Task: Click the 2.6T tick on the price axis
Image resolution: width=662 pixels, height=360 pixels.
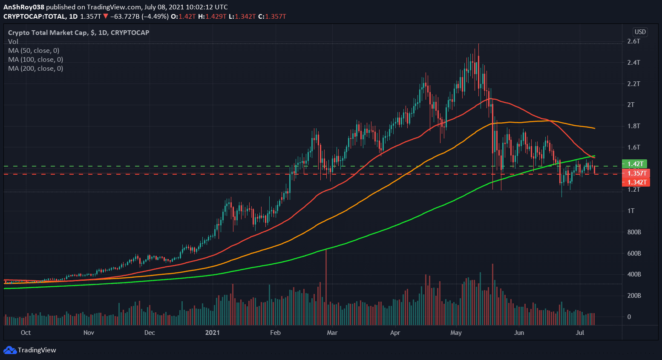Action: point(633,41)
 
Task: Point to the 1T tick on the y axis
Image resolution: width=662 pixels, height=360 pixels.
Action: point(631,211)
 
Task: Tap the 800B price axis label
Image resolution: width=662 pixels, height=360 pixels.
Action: point(634,232)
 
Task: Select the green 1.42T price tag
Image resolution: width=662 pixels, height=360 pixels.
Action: point(635,164)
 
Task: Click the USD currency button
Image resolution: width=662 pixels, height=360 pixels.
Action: point(640,32)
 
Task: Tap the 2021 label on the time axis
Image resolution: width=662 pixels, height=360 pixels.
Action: point(212,333)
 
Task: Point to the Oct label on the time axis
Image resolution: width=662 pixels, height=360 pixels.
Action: point(26,333)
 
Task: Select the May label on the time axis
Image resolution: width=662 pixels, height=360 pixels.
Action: point(456,333)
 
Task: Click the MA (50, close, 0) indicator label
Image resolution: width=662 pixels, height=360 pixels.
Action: point(34,51)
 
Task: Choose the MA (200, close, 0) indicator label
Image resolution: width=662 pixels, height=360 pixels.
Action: point(35,69)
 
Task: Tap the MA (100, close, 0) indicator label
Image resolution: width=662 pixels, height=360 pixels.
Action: point(35,60)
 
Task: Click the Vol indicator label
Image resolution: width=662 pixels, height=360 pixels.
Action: point(13,42)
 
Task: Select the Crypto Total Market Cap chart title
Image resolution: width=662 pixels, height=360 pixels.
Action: point(78,33)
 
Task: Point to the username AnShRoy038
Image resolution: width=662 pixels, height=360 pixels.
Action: point(24,7)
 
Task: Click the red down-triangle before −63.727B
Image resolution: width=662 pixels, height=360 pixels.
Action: point(106,17)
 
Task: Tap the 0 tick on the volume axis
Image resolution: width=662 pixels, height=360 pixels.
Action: point(629,317)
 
